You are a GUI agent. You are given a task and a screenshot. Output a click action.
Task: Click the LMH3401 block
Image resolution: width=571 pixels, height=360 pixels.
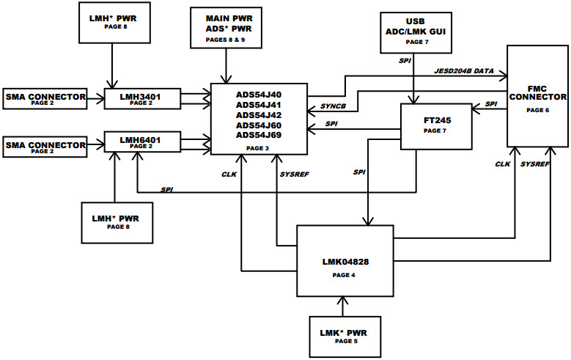point(140,98)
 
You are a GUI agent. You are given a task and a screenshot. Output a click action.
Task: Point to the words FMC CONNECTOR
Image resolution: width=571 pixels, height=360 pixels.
point(537,91)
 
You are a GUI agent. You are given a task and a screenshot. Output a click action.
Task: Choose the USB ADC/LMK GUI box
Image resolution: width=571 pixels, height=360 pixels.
point(416,32)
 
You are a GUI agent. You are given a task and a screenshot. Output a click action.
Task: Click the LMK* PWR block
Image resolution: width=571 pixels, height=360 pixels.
point(343,337)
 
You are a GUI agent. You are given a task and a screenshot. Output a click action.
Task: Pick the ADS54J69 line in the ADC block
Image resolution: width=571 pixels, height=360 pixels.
point(258,135)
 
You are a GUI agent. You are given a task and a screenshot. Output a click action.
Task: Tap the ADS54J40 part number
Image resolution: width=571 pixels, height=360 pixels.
point(258,95)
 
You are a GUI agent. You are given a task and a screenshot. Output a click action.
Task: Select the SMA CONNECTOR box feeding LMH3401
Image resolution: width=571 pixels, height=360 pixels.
point(45,98)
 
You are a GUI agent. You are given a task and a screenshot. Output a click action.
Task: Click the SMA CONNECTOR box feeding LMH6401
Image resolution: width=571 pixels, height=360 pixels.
point(45,147)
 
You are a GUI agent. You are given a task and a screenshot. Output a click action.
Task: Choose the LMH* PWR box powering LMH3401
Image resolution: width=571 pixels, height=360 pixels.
point(112,21)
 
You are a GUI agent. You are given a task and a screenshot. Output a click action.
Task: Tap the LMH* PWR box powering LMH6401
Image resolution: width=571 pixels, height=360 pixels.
point(117,222)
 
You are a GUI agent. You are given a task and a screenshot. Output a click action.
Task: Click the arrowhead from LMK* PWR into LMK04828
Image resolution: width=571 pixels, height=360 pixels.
point(343,299)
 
